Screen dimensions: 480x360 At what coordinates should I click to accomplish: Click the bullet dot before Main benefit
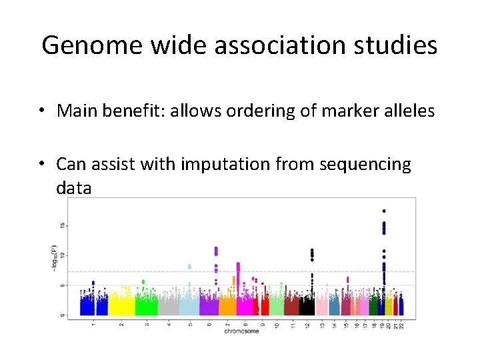(42, 111)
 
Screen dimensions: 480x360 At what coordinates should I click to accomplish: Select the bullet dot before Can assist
(42, 164)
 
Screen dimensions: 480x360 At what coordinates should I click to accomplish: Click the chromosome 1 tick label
(93, 323)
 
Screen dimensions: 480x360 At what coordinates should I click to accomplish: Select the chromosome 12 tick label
(307, 324)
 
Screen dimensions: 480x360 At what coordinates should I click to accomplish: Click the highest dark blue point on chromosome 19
(384, 211)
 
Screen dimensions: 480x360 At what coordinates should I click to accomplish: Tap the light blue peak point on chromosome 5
(189, 267)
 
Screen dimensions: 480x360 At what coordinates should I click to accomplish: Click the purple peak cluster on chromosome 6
(216, 251)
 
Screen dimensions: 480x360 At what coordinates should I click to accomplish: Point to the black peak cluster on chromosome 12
(311, 254)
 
